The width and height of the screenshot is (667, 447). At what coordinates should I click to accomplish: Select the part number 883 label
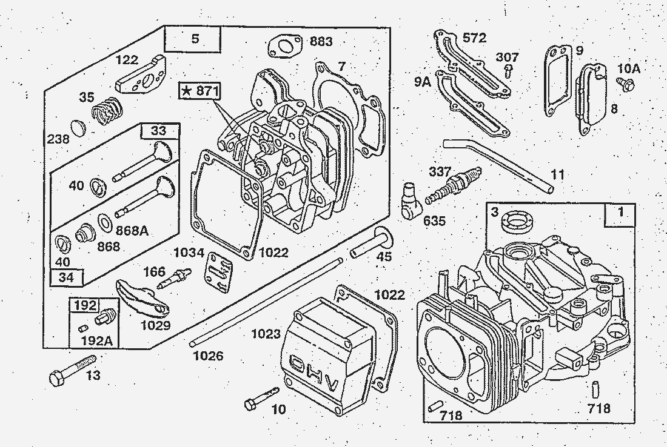click(321, 42)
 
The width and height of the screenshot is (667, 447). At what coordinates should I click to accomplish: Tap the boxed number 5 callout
click(194, 39)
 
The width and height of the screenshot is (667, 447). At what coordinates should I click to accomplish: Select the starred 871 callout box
click(200, 91)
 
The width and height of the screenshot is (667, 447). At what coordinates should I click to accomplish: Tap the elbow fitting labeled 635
click(411, 200)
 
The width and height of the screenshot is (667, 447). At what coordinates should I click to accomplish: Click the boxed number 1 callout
click(619, 213)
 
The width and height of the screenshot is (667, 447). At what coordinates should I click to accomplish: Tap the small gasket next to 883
click(284, 46)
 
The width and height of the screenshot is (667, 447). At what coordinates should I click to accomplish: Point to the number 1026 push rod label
click(208, 356)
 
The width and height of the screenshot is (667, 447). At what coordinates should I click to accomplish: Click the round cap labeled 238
click(79, 128)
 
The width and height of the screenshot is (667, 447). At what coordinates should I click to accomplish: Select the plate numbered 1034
click(220, 270)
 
